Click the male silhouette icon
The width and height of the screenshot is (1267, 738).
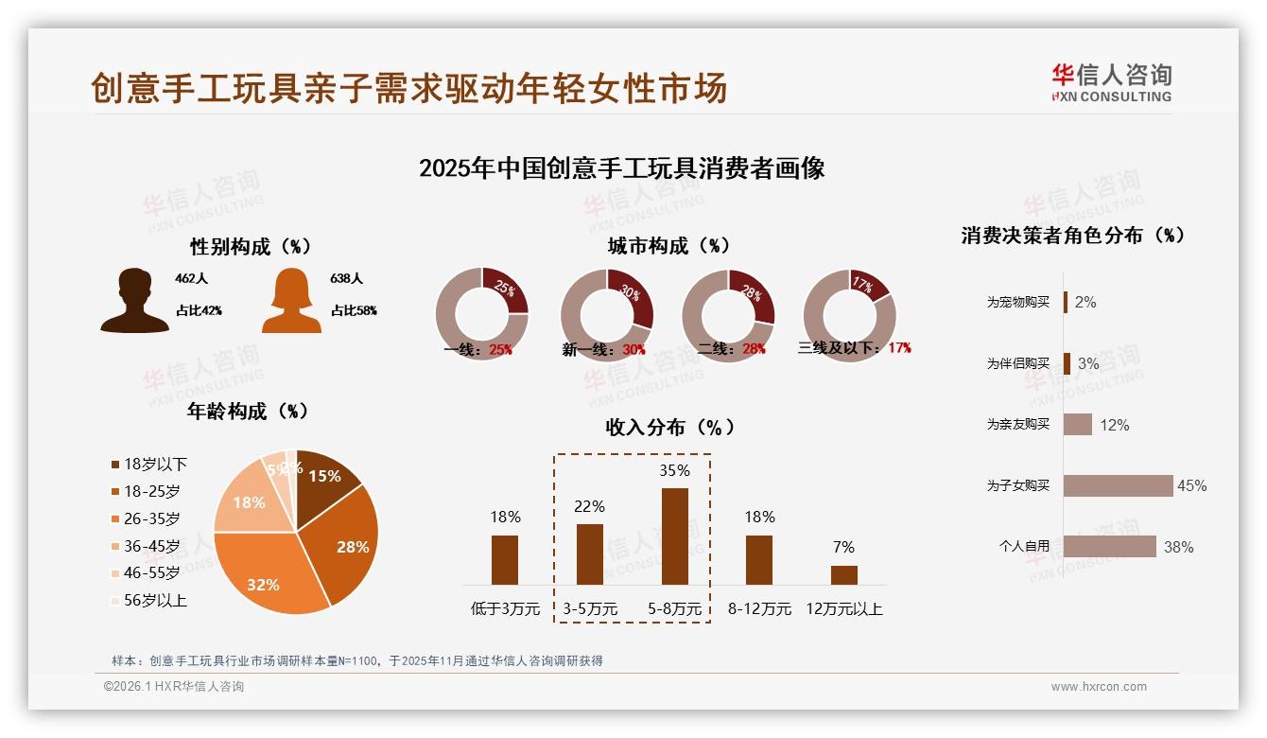pos(134,301)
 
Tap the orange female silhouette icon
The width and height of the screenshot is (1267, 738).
pos(291,301)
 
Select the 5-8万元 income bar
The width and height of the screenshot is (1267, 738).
pos(674,536)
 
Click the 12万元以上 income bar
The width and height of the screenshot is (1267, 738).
pos(843,574)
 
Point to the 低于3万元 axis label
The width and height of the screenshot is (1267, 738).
pos(505,609)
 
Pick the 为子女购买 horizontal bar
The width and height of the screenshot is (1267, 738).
pos(1118,485)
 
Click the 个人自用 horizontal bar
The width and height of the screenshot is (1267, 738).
pos(1109,546)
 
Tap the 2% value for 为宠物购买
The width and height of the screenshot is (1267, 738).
pos(1085,302)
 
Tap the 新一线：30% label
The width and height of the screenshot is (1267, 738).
pos(603,350)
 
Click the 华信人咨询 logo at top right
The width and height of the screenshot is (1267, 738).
pos(1111,82)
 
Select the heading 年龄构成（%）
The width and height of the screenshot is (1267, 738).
pos(249,412)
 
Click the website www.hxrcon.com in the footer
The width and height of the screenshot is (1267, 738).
pos(1099,687)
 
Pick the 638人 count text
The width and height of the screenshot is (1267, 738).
pos(347,279)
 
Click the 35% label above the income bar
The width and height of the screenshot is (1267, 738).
pos(674,470)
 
